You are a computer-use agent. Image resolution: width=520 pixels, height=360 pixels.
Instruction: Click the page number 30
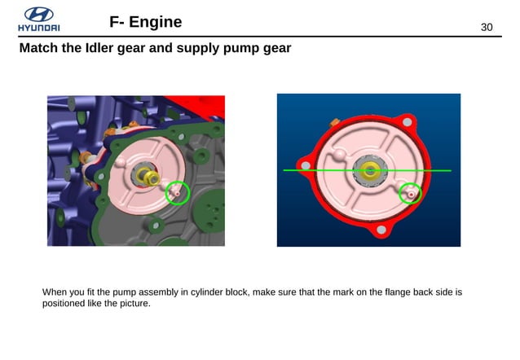coord(487,28)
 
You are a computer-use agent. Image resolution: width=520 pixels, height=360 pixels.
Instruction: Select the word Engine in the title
coord(153,21)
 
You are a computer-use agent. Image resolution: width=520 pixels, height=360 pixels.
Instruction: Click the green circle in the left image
coord(177,193)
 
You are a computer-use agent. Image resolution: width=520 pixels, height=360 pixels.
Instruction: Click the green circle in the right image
coord(411,194)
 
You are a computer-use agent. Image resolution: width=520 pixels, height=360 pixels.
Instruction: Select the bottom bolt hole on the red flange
coord(377,232)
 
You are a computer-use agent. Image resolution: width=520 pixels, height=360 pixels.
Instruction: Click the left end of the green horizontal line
coord(284,170)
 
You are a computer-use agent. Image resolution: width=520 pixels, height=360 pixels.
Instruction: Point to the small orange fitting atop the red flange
coord(334,121)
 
